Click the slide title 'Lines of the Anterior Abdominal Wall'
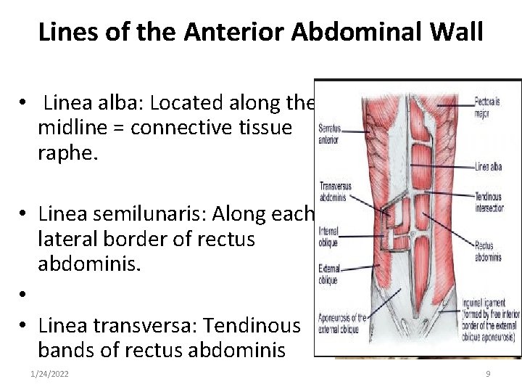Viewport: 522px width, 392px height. point(260,32)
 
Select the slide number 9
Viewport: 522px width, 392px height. point(488,373)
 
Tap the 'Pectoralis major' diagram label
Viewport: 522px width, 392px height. point(487,107)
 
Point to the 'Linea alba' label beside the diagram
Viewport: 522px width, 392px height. point(488,166)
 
